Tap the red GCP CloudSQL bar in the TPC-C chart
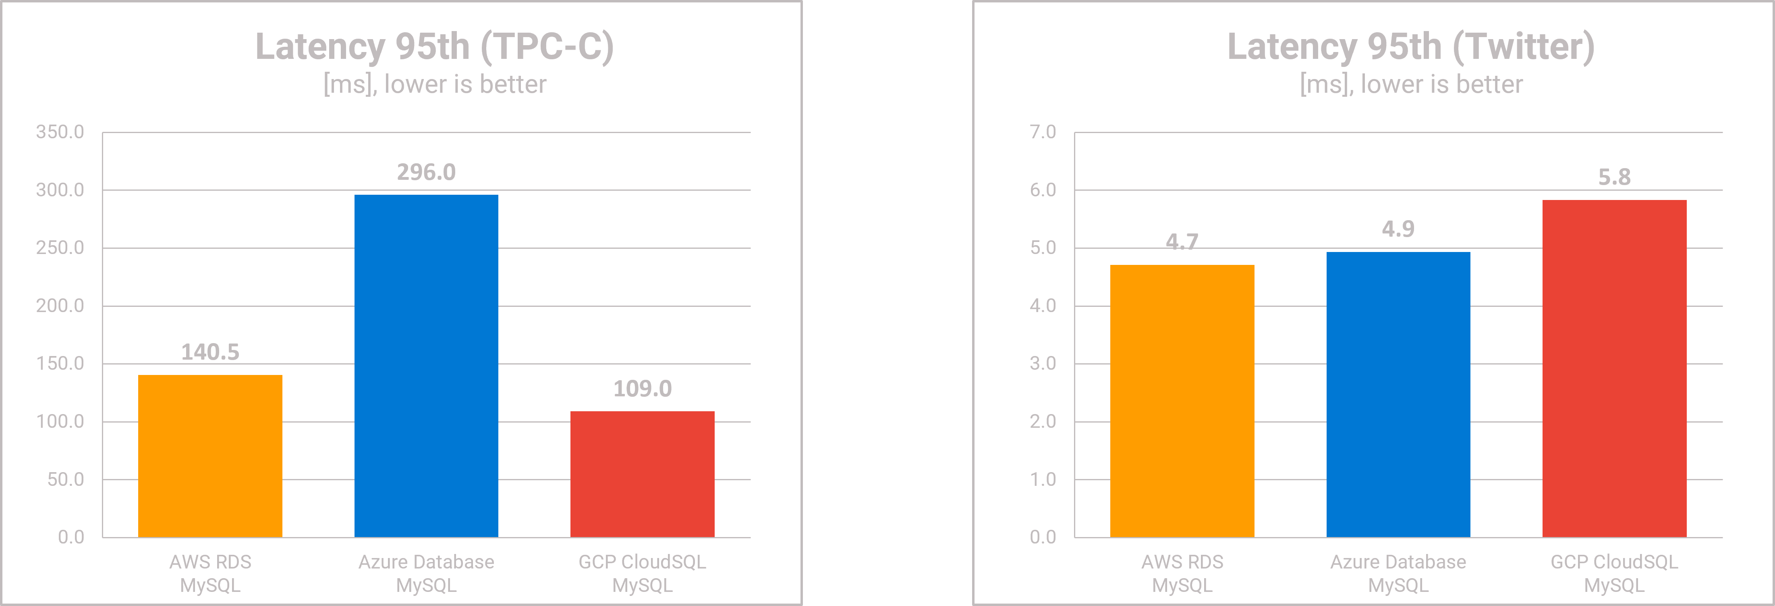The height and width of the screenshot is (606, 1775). pos(642,474)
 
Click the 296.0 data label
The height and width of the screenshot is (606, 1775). pos(426,172)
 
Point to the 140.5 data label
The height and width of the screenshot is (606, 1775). pos(210,352)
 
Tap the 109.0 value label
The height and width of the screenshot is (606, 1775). pos(642,389)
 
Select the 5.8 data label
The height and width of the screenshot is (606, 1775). pos(1614,177)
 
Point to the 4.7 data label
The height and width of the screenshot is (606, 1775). pos(1182,241)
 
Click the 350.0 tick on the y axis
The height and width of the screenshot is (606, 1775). pos(60,132)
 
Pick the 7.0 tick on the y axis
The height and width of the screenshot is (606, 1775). pos(1043,132)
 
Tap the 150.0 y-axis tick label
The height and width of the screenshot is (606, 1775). pos(60,363)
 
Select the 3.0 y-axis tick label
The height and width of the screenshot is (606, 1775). pos(1043,363)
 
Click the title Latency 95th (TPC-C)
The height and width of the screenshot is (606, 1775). pos(434,47)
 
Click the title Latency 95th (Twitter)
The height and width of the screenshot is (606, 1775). pos(1410,47)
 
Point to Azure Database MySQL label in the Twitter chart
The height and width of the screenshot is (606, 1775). pos(1398,574)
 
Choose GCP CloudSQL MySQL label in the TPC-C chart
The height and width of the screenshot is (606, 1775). pos(642,574)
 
